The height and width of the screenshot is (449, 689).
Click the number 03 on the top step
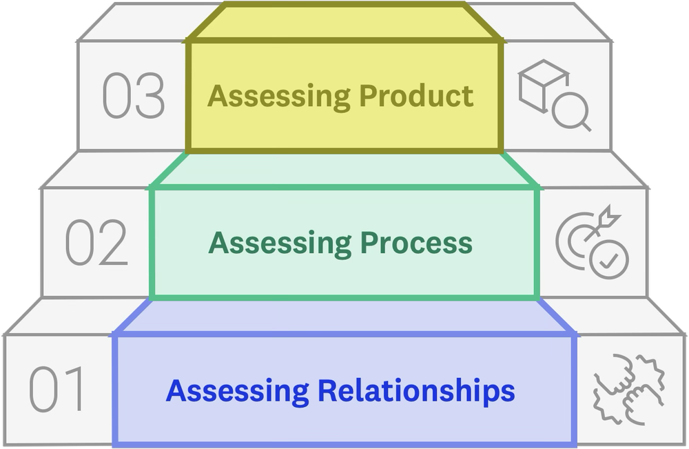134,96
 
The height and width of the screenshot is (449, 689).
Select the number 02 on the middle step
96,243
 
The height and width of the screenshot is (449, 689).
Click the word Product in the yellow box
417,96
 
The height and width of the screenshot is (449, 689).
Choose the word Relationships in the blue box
415,390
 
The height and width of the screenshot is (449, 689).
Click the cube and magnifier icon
554,95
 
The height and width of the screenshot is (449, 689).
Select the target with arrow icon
591,241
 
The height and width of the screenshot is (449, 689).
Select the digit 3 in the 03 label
151,96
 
